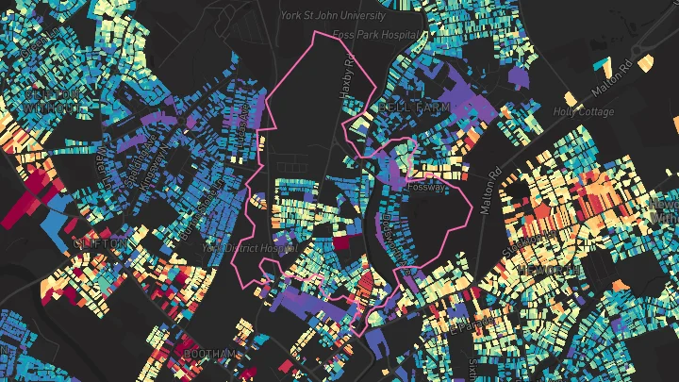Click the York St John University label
tap(333, 16)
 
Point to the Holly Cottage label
tap(585, 112)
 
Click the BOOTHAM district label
tap(207, 354)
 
